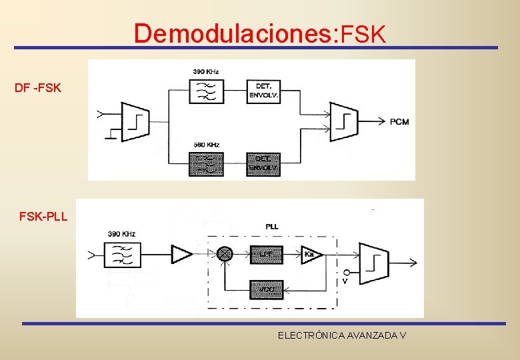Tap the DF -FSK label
(x=38, y=87)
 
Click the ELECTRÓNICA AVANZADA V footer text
(x=342, y=335)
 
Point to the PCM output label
(x=399, y=121)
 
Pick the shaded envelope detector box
(x=263, y=164)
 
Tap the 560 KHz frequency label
(x=206, y=145)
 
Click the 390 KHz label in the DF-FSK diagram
(x=206, y=71)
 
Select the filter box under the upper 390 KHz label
(x=206, y=90)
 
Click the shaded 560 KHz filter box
(x=206, y=164)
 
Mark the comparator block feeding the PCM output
(x=344, y=121)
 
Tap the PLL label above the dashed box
(x=272, y=227)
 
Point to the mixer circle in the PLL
(x=225, y=254)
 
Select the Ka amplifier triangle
(x=310, y=254)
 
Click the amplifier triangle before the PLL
(x=181, y=254)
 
